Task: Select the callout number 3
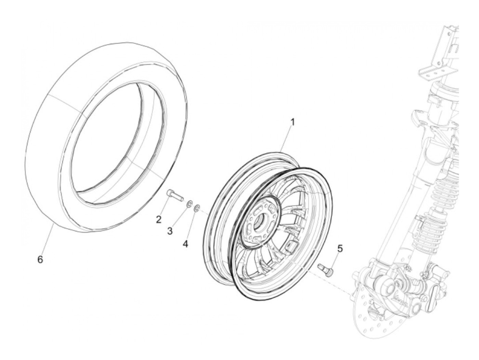pyautogui.click(x=170, y=231)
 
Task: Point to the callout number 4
pyautogui.click(x=185, y=244)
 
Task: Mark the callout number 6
pyautogui.click(x=40, y=260)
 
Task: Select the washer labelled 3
pyautogui.click(x=189, y=205)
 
